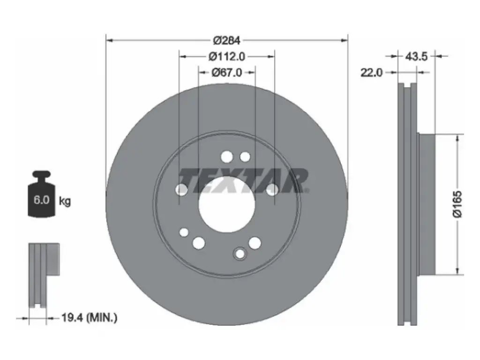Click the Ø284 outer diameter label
point(227,40)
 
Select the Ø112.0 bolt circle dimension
point(227,56)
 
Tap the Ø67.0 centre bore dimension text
point(227,72)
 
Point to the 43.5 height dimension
point(416,56)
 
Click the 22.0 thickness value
point(371,73)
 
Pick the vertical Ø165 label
point(457,204)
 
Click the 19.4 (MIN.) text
point(90,317)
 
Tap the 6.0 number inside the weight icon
point(41,200)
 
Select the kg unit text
point(65,201)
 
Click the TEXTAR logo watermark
point(243,180)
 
